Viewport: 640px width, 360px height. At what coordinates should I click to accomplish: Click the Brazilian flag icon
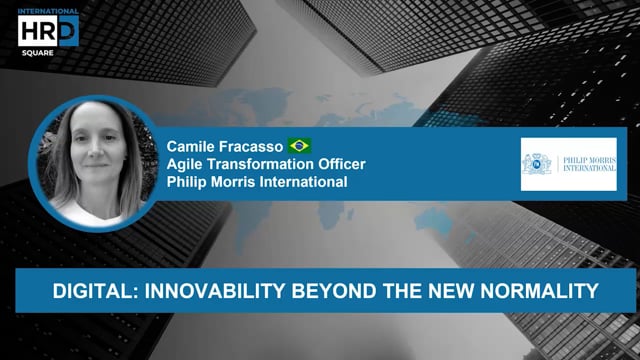click(x=299, y=145)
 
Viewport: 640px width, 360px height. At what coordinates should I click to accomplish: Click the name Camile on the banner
click(x=193, y=146)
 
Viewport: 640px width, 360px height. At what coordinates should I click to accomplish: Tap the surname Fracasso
click(x=251, y=146)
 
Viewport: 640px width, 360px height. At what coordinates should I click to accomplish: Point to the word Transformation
click(x=260, y=164)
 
